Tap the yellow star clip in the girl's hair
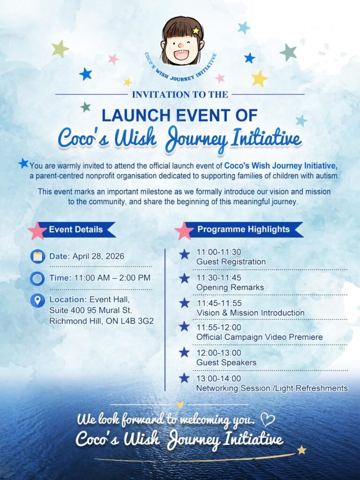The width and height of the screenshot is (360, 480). coord(195,30)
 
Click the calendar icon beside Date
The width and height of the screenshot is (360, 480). coord(37,256)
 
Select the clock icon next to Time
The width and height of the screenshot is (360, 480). coord(37,278)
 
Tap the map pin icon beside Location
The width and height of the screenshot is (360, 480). coord(37,300)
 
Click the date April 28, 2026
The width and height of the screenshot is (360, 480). coord(98,256)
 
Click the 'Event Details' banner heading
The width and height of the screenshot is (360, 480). coord(76,229)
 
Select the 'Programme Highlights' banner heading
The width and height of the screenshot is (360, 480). coord(243,229)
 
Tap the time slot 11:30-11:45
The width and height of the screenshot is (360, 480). coord(219,277)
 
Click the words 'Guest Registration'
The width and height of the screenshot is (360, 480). coord(231,262)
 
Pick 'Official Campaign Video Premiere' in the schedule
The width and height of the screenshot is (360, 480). coord(260,337)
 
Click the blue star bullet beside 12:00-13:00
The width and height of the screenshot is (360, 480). coord(184,352)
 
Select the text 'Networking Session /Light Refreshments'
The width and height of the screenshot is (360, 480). coord(272,388)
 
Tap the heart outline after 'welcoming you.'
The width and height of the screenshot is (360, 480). coord(268,420)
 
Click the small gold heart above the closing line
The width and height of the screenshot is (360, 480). coord(180,405)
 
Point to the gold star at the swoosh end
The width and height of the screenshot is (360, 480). coord(302,450)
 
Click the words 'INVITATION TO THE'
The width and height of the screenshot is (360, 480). coord(180,95)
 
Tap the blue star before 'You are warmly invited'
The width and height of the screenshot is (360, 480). coord(23,163)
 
